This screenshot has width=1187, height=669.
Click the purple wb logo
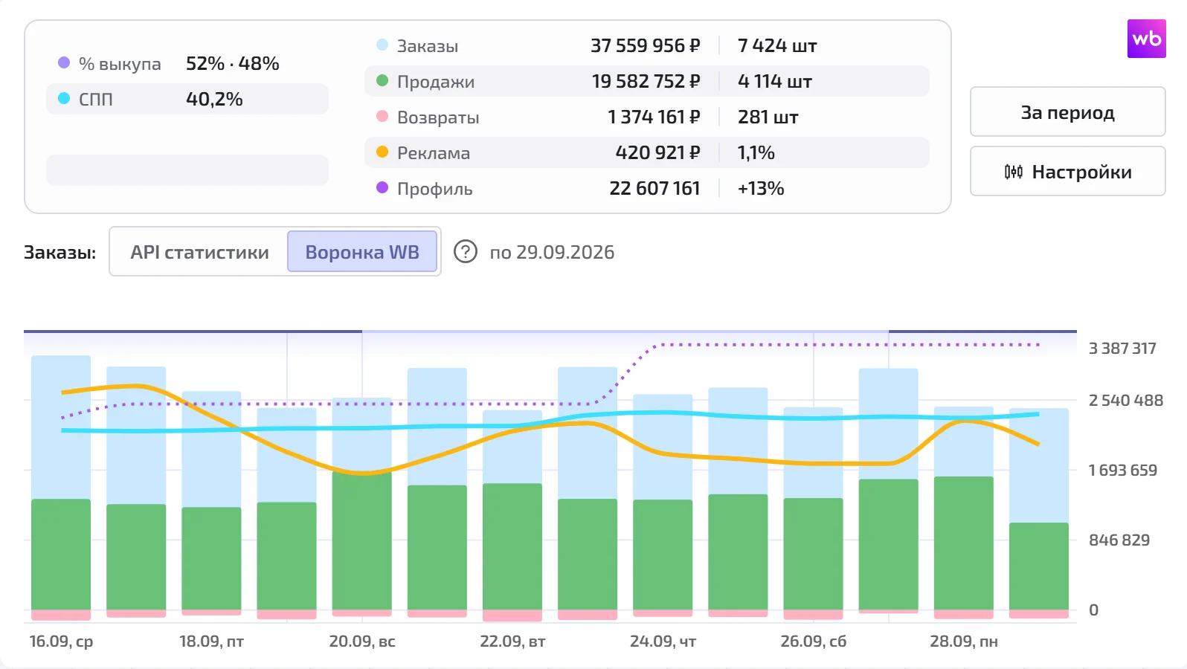click(1146, 39)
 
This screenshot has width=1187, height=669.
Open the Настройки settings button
click(1068, 172)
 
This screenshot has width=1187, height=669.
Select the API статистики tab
click(200, 251)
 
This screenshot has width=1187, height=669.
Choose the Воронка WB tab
click(362, 251)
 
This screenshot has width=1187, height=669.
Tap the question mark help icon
click(466, 251)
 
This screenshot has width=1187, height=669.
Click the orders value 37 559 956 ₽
click(646, 45)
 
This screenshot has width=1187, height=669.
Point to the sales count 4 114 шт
click(775, 81)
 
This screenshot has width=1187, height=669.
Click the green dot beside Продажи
click(382, 80)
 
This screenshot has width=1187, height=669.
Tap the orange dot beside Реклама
click(382, 152)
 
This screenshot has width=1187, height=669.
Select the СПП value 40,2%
click(214, 99)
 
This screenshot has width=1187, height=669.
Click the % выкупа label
click(120, 64)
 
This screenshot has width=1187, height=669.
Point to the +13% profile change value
click(760, 188)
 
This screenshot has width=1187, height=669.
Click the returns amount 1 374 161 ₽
click(654, 117)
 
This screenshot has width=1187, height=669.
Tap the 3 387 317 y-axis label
click(1122, 348)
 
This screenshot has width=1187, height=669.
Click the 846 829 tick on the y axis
click(1119, 540)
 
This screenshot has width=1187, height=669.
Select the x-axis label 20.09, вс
click(362, 641)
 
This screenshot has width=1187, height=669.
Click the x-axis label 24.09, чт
click(663, 641)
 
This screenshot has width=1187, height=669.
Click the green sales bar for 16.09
click(61, 555)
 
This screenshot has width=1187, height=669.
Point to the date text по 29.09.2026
click(552, 252)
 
